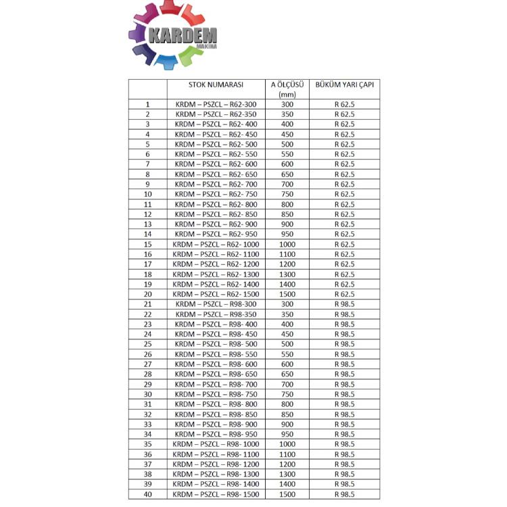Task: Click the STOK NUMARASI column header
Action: pos(216,85)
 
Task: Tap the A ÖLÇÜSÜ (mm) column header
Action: pos(287,89)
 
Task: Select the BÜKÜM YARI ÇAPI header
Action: pos(344,85)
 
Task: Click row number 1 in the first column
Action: pos(147,105)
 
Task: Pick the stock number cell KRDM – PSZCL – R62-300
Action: pos(216,105)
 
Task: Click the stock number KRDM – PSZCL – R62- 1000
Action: pos(216,244)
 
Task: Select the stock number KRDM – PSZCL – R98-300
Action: pos(216,304)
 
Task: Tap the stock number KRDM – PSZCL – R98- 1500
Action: pos(216,494)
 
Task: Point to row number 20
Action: pos(147,294)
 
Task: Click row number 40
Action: pos(147,494)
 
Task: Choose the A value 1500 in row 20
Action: pos(287,294)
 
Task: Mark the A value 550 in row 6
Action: pos(287,154)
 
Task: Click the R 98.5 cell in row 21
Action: pos(344,304)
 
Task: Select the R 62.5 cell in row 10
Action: pos(344,194)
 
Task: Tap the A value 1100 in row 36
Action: pos(287,454)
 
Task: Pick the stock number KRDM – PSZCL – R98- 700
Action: pos(216,384)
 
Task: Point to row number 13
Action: pos(147,224)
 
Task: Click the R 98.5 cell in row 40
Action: pos(344,494)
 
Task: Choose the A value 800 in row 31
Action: pos(287,404)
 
